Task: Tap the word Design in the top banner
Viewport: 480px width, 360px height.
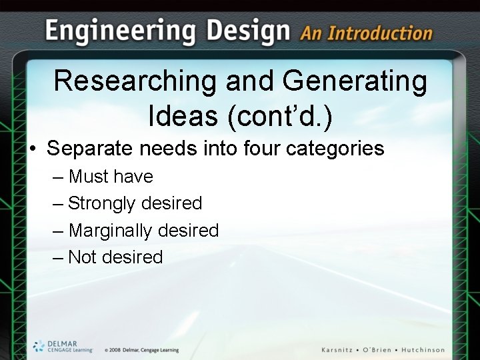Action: click(249, 31)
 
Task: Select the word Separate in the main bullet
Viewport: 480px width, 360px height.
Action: click(89, 148)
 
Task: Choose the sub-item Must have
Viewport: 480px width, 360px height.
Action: click(111, 177)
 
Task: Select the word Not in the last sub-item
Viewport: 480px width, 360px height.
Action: click(82, 257)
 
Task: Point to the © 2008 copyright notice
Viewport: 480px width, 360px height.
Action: click(141, 350)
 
